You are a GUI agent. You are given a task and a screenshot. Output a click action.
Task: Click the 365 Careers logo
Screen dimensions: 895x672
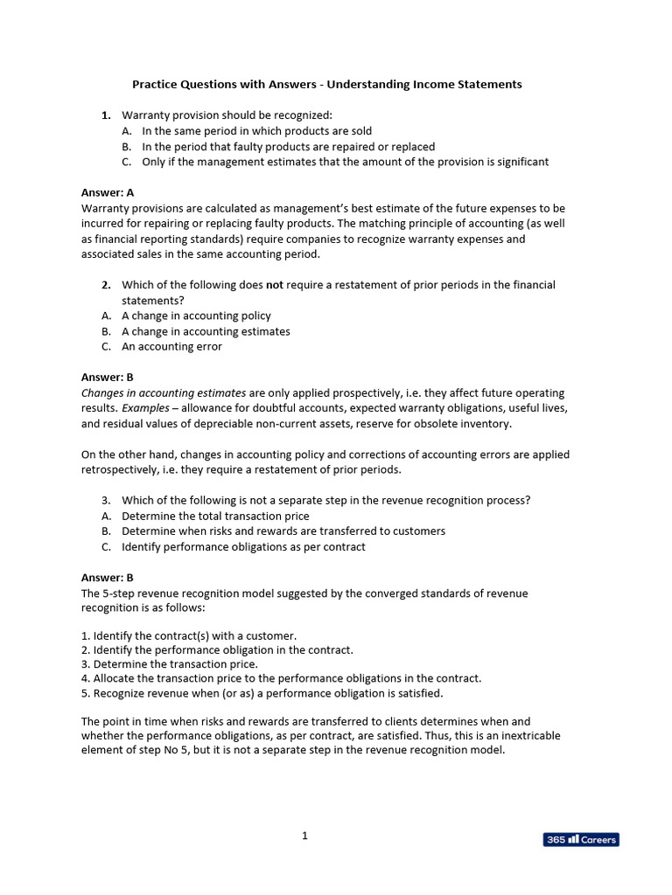581,839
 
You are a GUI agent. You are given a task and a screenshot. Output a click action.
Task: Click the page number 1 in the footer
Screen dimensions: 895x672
304,836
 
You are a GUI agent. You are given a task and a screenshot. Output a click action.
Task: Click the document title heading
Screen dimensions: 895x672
326,85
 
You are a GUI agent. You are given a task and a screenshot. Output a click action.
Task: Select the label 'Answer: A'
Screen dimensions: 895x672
107,192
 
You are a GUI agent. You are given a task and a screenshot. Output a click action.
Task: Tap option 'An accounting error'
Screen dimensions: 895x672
171,346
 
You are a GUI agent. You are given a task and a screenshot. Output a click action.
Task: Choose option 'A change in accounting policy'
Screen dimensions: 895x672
196,316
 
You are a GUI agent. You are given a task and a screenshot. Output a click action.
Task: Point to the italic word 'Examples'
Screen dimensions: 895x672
144,408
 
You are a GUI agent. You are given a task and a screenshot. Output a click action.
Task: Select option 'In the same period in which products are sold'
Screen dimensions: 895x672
256,131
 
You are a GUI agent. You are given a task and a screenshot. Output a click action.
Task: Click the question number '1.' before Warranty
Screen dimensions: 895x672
106,115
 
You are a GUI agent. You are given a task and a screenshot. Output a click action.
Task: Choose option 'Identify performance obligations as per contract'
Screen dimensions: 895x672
243,546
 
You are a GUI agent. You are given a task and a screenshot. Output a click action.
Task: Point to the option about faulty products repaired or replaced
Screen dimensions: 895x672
288,147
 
